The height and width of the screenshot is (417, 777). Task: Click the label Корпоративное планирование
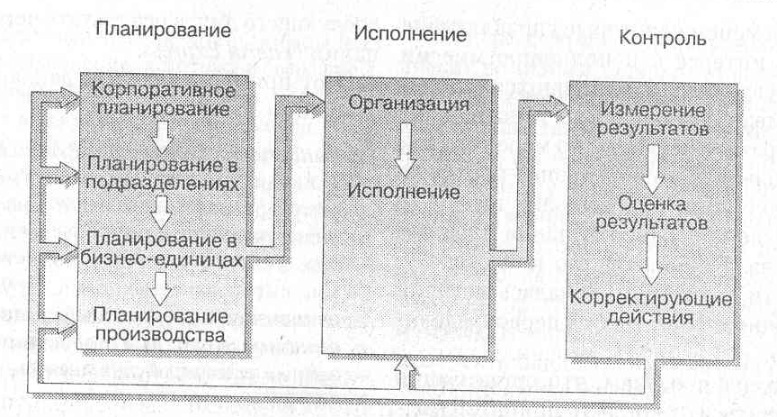click(163, 101)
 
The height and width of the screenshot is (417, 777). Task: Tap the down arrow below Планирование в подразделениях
click(162, 211)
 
